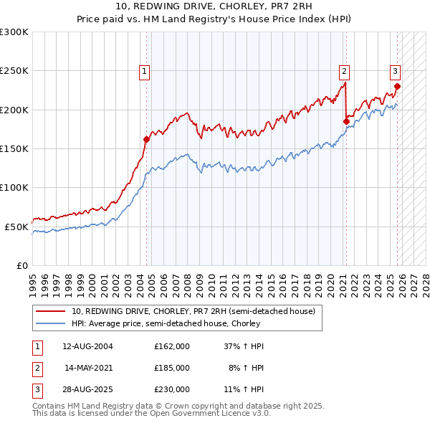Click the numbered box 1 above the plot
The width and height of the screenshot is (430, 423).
tap(145, 71)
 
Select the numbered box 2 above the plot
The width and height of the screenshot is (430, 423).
tap(345, 71)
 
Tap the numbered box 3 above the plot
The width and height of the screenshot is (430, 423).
tap(395, 71)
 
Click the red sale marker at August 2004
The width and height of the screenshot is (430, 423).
tap(147, 139)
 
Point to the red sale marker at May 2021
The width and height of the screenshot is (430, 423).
tap(346, 121)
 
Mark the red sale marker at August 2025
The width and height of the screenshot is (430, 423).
tap(398, 87)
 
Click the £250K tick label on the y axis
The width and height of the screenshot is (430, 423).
tap(14, 71)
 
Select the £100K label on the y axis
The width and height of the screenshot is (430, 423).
tap(14, 187)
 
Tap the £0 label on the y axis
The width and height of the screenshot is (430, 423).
tap(21, 265)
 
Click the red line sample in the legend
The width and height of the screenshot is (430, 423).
tap(52, 311)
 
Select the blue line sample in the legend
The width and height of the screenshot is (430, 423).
tap(52, 323)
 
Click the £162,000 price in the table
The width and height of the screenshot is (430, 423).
tap(172, 346)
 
